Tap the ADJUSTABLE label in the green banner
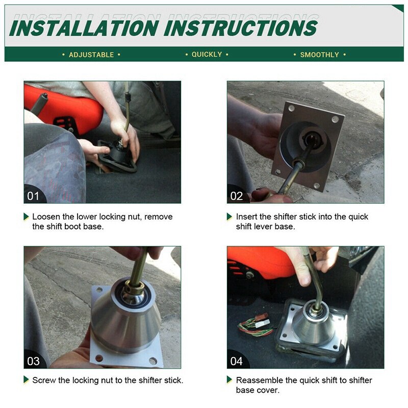(91, 55)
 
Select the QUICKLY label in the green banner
(207, 55)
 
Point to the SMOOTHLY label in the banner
(319, 55)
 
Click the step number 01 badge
(33, 196)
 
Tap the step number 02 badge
(237, 196)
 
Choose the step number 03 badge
(33, 361)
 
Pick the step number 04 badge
(237, 361)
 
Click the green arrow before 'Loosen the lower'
(27, 217)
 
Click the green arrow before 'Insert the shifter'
(229, 217)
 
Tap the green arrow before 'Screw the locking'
(27, 380)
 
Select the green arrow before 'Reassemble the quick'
(229, 380)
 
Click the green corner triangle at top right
(399, 8)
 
